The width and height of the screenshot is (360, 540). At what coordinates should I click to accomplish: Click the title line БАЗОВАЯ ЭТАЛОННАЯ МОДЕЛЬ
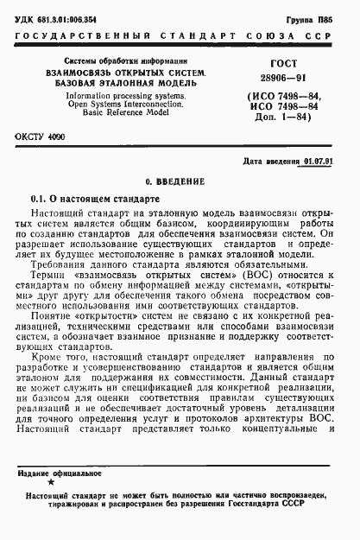(x=103, y=82)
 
